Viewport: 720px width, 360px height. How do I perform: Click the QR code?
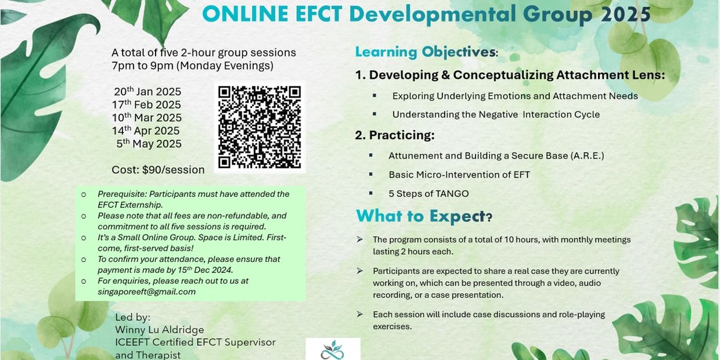pyautogui.click(x=260, y=127)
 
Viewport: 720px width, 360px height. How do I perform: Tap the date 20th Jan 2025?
pyautogui.click(x=147, y=91)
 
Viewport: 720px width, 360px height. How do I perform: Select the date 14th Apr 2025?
pyautogui.click(x=146, y=130)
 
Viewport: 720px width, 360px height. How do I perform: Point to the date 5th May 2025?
pyautogui.click(x=149, y=143)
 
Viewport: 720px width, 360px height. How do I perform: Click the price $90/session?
pyautogui.click(x=173, y=170)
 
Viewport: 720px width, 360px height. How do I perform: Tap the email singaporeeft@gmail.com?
pyautogui.click(x=146, y=292)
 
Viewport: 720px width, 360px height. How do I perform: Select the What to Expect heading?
pyautogui.click(x=424, y=216)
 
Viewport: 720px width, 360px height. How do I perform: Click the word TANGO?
pyautogui.click(x=452, y=193)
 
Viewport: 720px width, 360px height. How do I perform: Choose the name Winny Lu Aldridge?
pyautogui.click(x=160, y=330)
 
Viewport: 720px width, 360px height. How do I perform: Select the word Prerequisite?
pyautogui.click(x=122, y=194)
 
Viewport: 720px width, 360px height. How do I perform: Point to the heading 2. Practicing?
pyautogui.click(x=395, y=135)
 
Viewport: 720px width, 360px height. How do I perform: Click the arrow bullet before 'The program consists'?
pyautogui.click(x=359, y=239)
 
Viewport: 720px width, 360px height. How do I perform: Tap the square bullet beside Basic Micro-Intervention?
pyautogui.click(x=371, y=174)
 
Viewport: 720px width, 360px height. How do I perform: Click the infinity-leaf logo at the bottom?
pyautogui.click(x=333, y=351)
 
